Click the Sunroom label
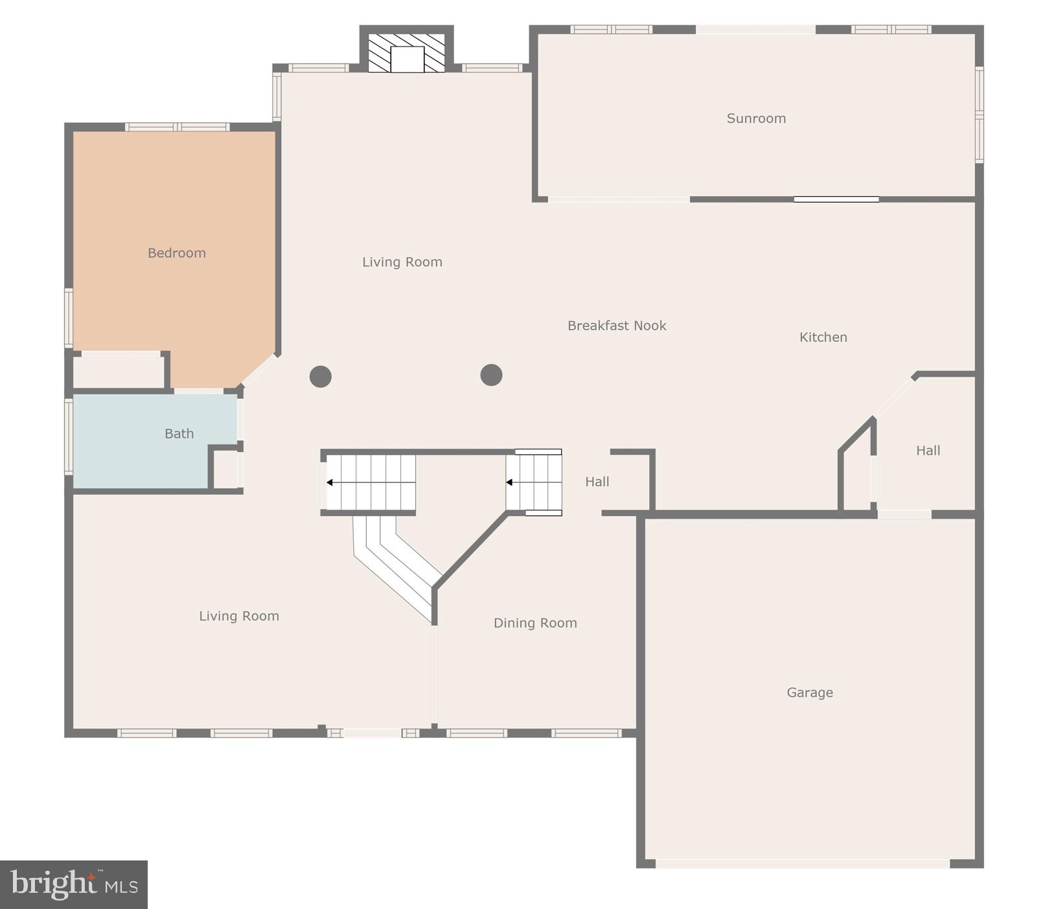756,118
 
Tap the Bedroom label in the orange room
176,253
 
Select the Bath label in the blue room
179,434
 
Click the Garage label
810,693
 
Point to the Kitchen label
823,337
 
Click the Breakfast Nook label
617,326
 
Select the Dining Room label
535,623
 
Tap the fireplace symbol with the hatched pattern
407,52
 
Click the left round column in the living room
321,376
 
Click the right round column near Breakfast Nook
491,375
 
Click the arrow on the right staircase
510,482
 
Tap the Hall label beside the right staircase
597,482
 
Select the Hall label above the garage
928,451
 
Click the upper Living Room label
402,262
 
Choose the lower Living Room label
239,616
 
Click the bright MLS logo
74,884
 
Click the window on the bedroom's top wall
177,127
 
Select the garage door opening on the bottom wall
802,863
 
